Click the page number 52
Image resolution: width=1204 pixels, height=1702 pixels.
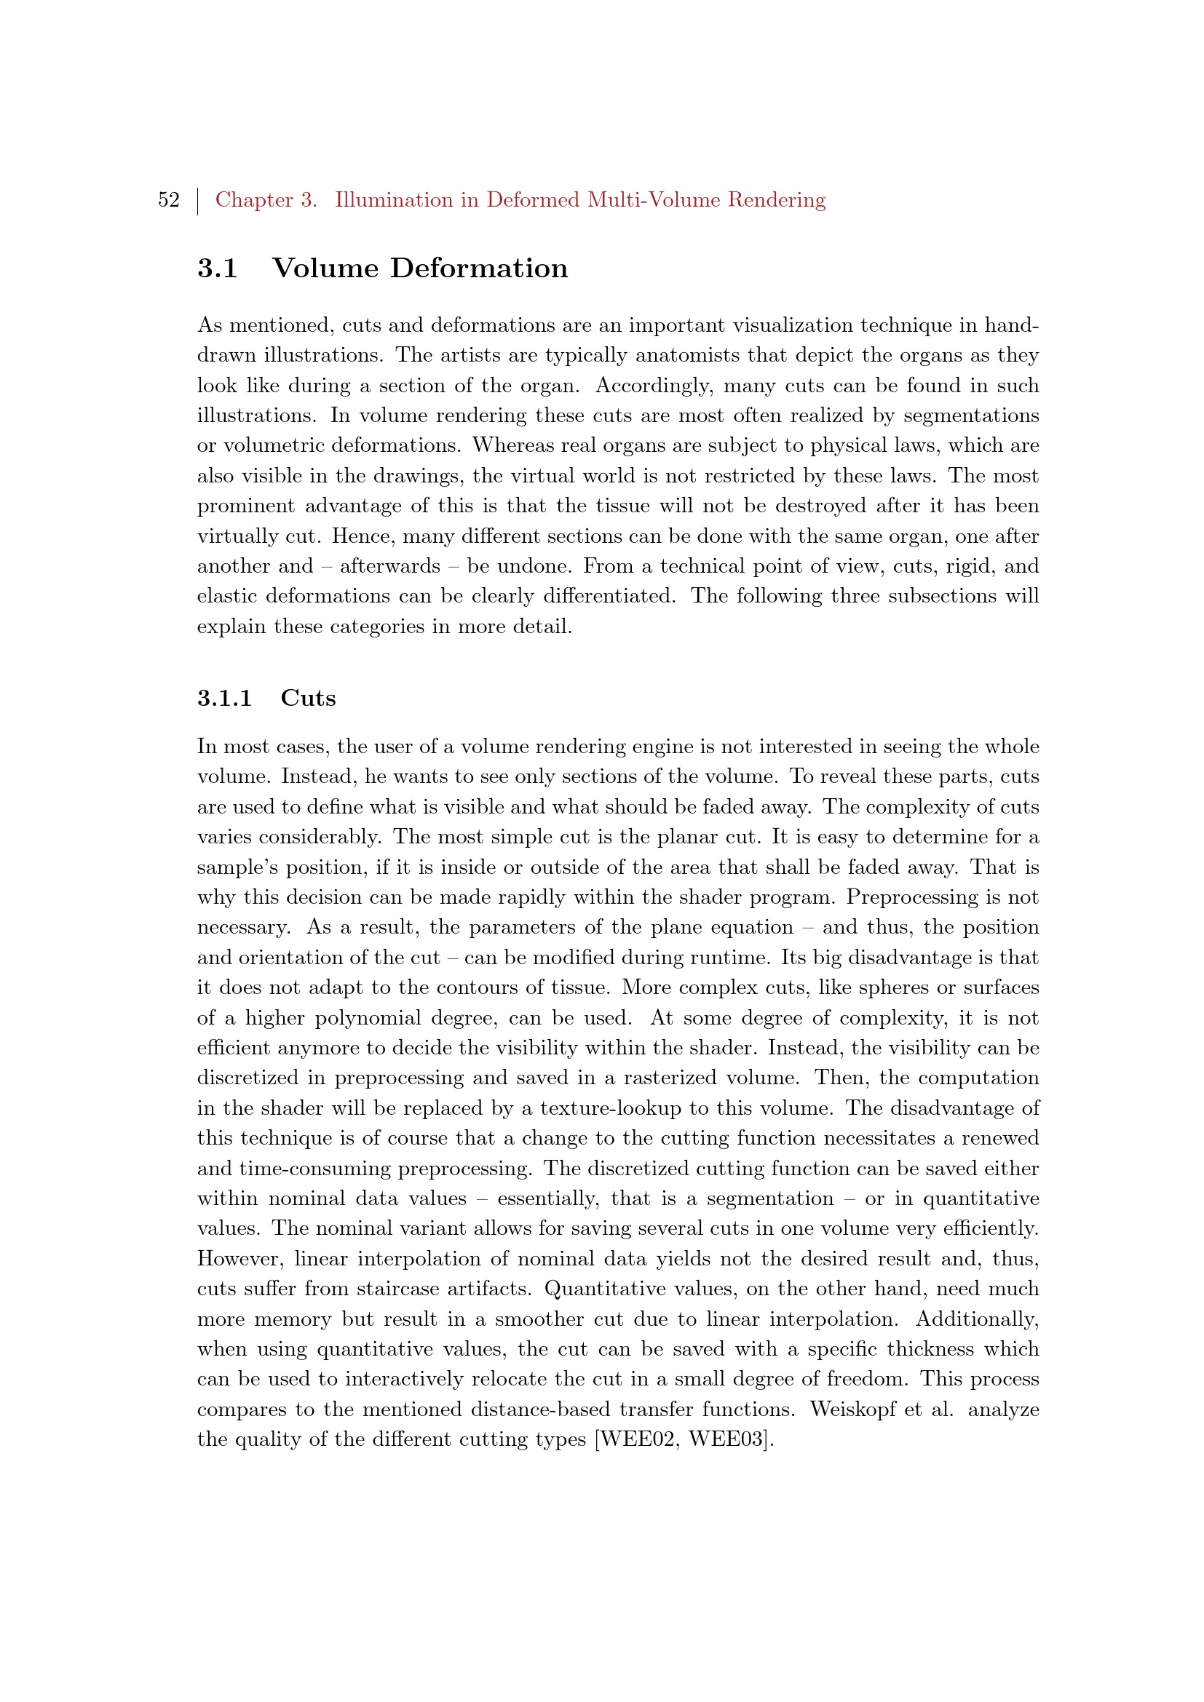pos(168,200)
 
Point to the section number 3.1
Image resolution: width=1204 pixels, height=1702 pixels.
pos(217,269)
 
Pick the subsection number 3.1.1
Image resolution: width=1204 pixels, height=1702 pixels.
pos(225,699)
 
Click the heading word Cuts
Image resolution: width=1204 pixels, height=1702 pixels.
pos(309,699)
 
